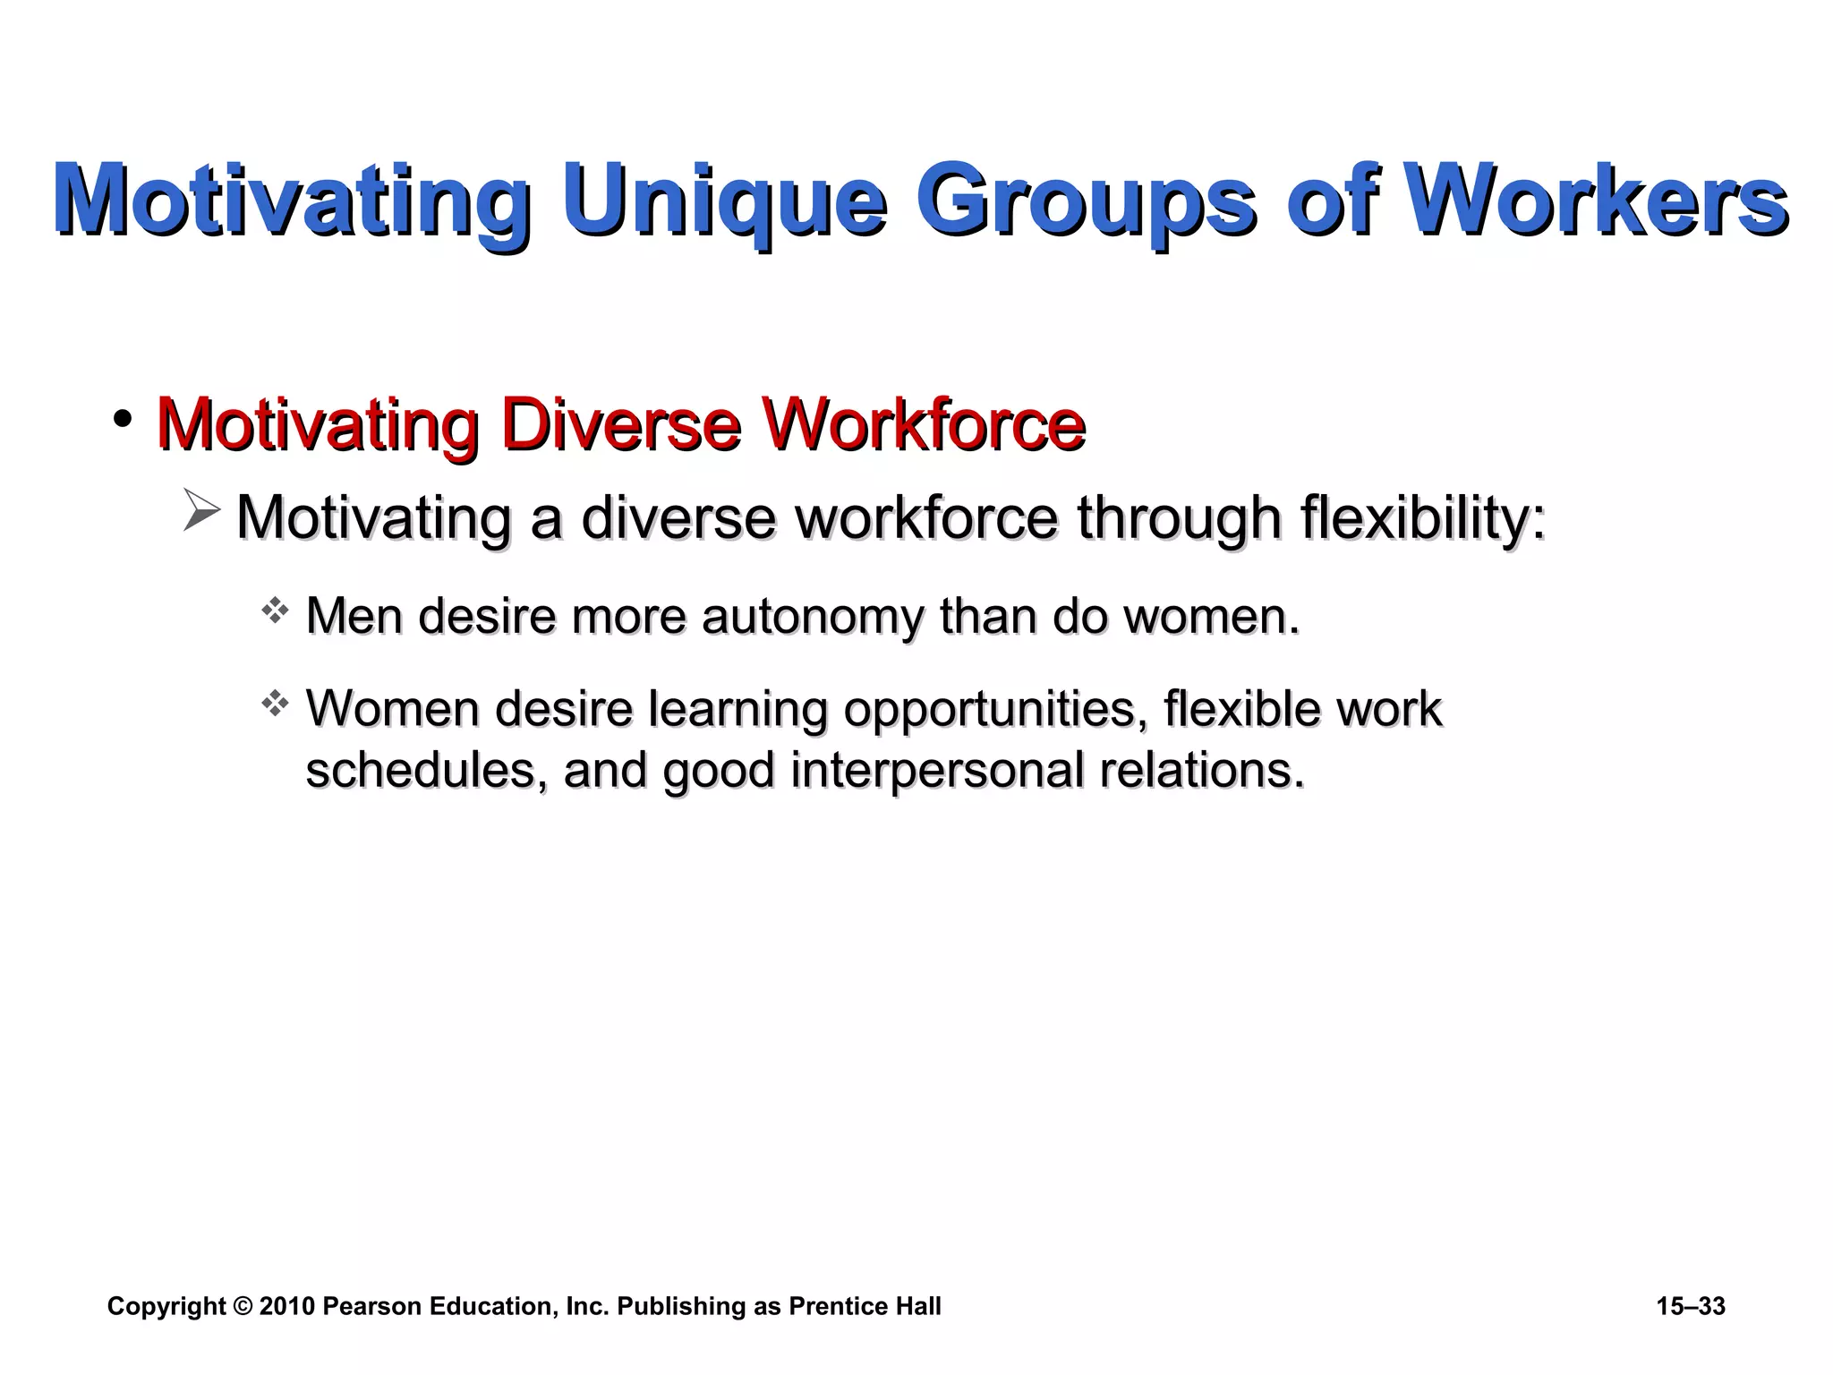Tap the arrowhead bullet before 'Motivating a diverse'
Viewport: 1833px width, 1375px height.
pos(202,510)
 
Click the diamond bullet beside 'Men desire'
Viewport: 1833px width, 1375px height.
pos(275,611)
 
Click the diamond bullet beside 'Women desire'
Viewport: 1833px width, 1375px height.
pos(275,704)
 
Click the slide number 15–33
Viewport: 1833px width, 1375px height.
pos(1690,1307)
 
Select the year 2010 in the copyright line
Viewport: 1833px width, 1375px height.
pos(286,1307)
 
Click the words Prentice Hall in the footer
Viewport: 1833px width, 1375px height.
pos(865,1307)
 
